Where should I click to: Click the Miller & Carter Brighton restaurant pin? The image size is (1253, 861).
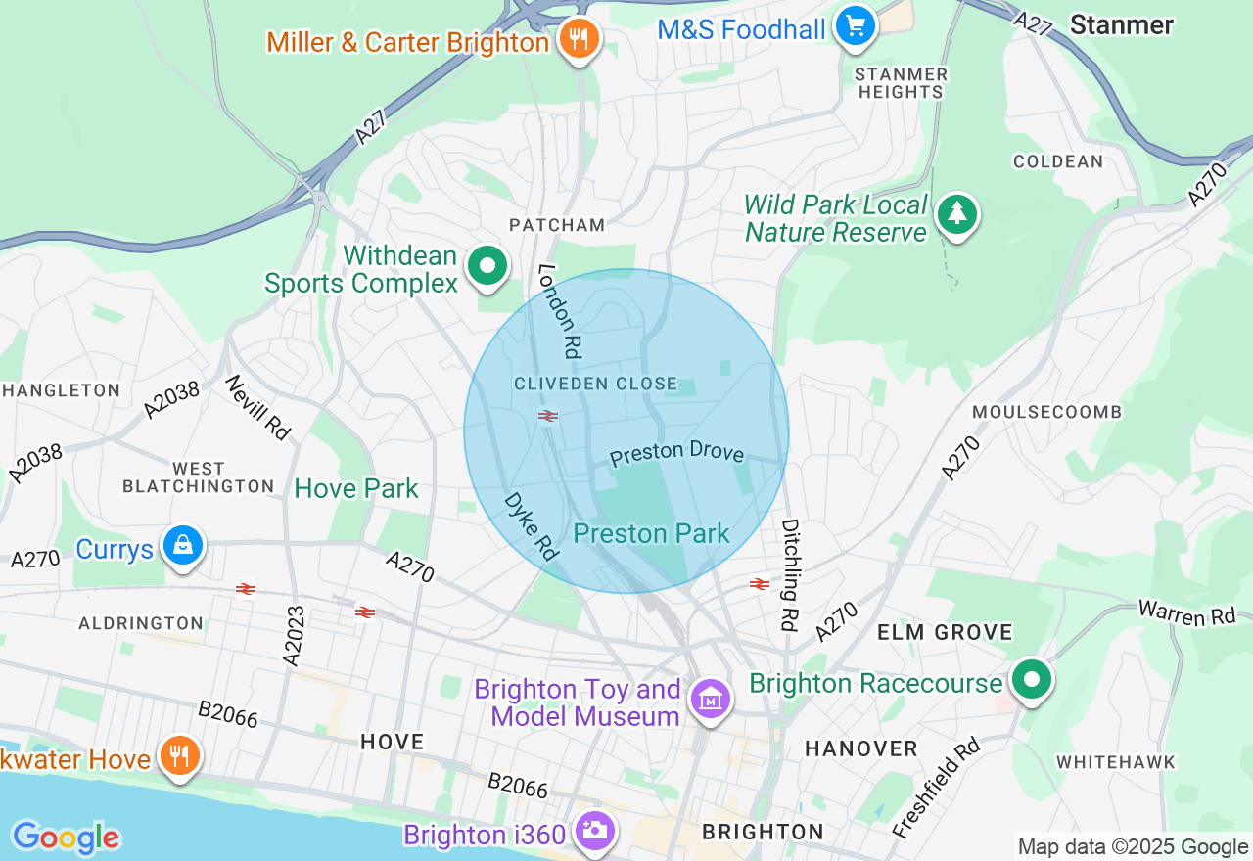[x=579, y=40]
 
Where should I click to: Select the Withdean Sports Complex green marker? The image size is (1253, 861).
[x=487, y=266]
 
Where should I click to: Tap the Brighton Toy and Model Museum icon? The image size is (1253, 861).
[x=711, y=700]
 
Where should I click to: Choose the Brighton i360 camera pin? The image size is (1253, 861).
[x=594, y=831]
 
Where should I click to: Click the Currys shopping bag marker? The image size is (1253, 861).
[x=183, y=546]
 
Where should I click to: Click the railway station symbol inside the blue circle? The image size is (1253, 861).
[x=548, y=416]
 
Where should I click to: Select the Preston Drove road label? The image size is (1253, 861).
[x=676, y=453]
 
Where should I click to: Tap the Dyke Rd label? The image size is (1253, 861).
[x=532, y=526]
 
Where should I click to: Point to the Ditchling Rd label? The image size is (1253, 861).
[x=790, y=574]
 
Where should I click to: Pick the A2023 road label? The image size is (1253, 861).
[x=295, y=636]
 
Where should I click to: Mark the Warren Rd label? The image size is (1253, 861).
[x=1187, y=613]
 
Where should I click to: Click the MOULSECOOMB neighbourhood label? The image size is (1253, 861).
[x=1046, y=412]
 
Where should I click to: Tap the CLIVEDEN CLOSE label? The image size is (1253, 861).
[x=595, y=384]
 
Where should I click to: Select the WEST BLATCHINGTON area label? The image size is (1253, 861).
[x=198, y=477]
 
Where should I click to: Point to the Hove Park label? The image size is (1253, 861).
[x=356, y=488]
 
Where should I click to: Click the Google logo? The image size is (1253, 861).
[x=66, y=838]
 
